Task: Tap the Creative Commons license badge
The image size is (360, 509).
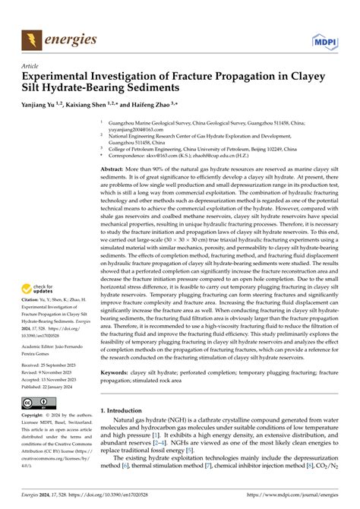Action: click(x=38, y=424)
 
